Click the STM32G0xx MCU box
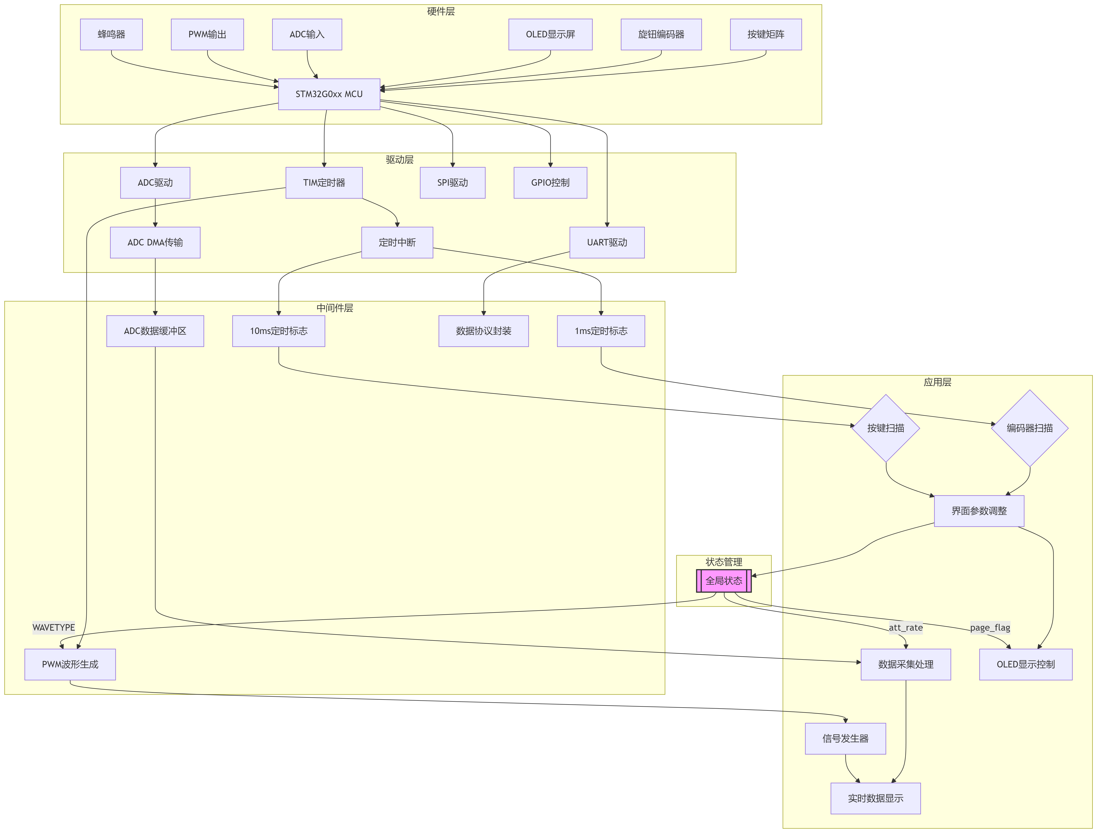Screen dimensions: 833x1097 point(329,94)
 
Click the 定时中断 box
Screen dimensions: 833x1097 point(397,242)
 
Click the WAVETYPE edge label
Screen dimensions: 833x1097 point(53,627)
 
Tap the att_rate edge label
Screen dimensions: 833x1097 point(905,627)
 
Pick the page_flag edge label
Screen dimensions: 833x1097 point(990,627)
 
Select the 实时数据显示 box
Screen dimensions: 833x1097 point(875,798)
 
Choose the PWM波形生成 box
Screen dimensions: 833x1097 point(70,664)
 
